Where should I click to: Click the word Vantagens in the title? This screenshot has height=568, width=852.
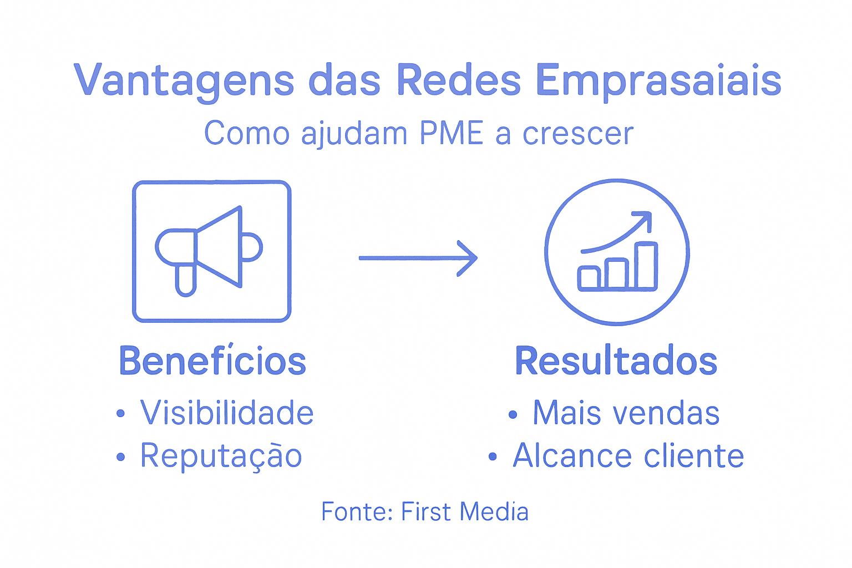pyautogui.click(x=184, y=80)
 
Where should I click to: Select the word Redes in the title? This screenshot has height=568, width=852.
pyautogui.click(x=458, y=80)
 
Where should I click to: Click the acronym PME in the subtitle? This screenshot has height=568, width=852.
pyautogui.click(x=451, y=134)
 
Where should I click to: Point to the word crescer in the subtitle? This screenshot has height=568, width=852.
pyautogui.click(x=577, y=134)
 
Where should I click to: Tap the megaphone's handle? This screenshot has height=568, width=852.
pyautogui.click(x=185, y=280)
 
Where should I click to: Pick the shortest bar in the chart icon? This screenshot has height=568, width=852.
pyautogui.click(x=589, y=277)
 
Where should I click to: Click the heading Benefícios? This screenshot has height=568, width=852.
pyautogui.click(x=212, y=361)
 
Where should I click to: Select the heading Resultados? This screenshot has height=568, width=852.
pyautogui.click(x=616, y=361)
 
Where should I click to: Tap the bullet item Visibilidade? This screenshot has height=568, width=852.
pyautogui.click(x=227, y=413)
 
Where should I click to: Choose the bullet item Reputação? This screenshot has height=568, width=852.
pyautogui.click(x=221, y=457)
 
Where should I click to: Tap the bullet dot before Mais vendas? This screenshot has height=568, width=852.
pyautogui.click(x=513, y=414)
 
